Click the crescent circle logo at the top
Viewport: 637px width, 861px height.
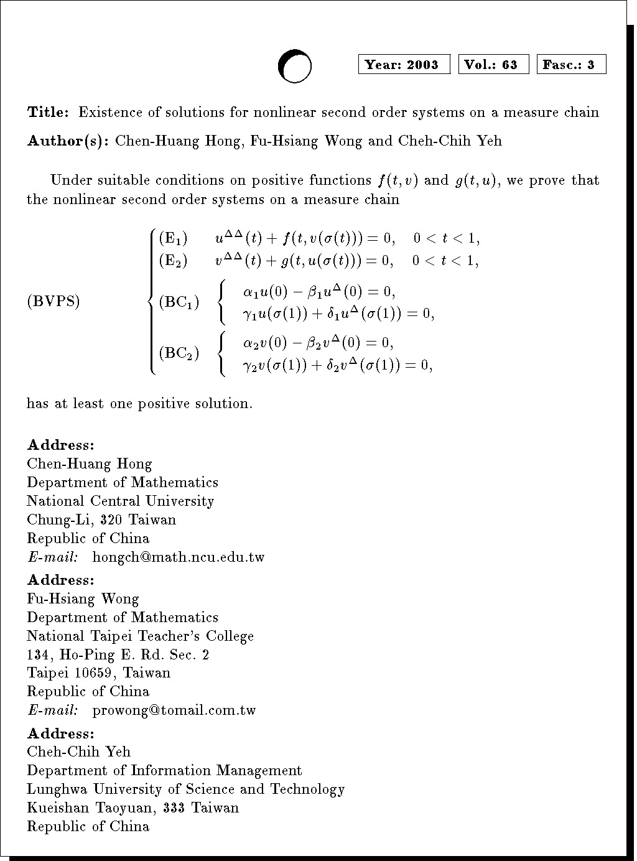(294, 66)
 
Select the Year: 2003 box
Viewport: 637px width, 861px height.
(404, 65)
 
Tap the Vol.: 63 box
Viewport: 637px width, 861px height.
(493, 65)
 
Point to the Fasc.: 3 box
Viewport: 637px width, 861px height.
(571, 65)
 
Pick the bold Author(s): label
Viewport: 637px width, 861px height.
(68, 141)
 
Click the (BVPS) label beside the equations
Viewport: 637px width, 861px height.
(53, 302)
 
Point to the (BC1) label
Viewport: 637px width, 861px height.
(179, 303)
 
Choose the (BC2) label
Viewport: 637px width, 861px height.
(179, 353)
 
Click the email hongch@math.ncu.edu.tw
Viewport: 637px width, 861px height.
(178, 557)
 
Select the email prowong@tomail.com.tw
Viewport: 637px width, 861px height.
(174, 710)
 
